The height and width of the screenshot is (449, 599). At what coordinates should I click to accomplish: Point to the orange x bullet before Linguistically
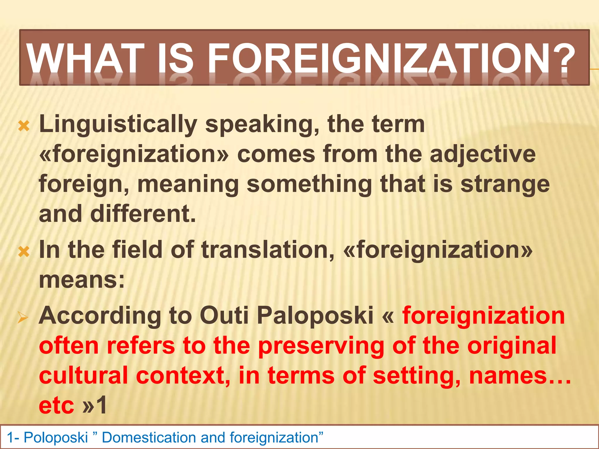tap(24, 126)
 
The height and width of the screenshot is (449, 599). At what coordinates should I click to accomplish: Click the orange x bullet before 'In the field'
tap(24, 251)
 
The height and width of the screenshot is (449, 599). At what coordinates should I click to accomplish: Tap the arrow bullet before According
tap(23, 318)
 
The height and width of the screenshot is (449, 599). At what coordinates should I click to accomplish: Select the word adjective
tap(483, 155)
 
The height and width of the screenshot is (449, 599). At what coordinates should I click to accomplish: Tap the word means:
tap(82, 280)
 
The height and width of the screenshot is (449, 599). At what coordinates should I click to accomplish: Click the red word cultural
tap(83, 376)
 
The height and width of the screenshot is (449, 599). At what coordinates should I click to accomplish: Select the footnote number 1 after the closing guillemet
tap(101, 406)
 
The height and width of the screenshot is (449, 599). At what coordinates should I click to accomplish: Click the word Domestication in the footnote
tap(149, 438)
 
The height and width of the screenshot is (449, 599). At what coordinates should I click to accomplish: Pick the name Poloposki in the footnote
tap(56, 438)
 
